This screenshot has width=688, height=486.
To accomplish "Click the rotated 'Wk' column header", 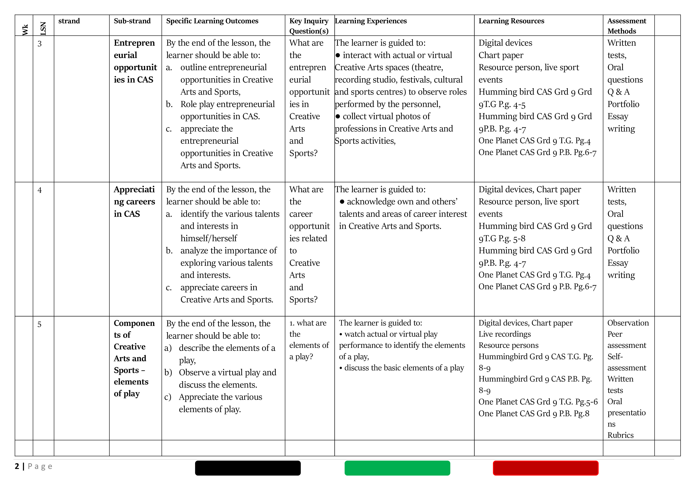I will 25,29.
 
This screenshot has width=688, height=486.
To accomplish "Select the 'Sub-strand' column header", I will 132,21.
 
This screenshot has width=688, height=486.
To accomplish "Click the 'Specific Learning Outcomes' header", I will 212,21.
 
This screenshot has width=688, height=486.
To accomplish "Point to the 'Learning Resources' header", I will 511,21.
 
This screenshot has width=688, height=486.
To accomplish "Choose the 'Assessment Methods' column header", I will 627,26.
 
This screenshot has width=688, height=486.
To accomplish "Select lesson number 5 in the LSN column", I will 39,325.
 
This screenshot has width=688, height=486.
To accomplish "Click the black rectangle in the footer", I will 248,468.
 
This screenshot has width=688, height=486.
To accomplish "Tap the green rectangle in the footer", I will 397,468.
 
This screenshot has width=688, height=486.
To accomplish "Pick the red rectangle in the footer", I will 545,468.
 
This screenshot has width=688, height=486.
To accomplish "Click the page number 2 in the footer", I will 17,466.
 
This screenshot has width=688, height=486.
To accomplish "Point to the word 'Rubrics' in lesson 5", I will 620,435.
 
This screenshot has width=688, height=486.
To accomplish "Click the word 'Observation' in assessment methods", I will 628,323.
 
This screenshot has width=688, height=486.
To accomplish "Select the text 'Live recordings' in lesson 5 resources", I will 505,334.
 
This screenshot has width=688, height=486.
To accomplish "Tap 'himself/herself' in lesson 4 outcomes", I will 208,238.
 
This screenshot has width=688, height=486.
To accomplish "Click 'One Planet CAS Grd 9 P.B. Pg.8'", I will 534,413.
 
